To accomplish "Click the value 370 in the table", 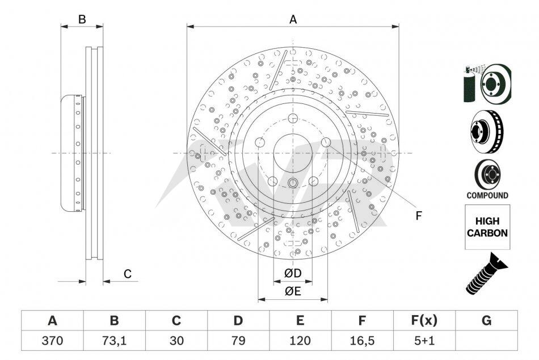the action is tap(52, 341).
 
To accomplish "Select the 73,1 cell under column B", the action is tap(114, 341).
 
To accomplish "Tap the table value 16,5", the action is tap(362, 341).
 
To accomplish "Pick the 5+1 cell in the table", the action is tap(424, 341).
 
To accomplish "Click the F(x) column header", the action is tap(424, 320).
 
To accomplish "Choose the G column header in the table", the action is tap(486, 320).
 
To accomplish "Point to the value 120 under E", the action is tap(300, 341).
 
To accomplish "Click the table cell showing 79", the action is tap(238, 341).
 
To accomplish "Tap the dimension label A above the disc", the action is tap(293, 20).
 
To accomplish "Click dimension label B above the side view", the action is tap(82, 20).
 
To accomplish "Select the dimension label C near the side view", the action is tap(128, 274).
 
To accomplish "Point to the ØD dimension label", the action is tap(293, 273).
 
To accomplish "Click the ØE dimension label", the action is tap(293, 291).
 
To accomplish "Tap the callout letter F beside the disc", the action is tap(418, 216).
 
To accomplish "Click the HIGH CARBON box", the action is tap(487, 227).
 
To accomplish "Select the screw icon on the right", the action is tap(486, 273).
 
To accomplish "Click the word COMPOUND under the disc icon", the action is tap(487, 195).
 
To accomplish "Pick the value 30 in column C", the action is tap(176, 341).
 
